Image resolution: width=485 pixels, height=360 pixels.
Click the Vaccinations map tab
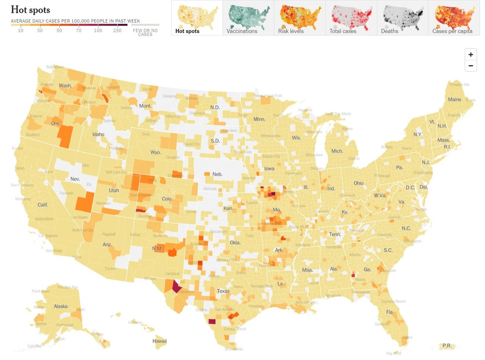pos(248,18)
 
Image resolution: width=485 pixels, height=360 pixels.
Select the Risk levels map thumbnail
pos(300,18)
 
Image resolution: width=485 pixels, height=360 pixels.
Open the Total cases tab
pos(351,18)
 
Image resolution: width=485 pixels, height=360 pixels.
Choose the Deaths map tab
pos(402,18)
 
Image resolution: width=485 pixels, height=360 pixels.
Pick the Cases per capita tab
pos(454,18)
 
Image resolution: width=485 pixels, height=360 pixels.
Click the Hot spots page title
pos(30,10)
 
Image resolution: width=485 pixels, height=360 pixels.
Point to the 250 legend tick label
pos(117,31)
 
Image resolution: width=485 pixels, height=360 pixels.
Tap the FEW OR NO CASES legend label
pos(145,33)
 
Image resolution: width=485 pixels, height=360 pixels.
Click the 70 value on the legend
pos(78,31)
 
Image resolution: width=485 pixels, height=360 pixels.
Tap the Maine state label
pos(454,100)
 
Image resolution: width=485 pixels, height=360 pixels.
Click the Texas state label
pos(223,291)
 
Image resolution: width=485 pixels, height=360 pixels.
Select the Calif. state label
pos(43,205)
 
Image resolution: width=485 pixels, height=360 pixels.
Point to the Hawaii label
pos(160,341)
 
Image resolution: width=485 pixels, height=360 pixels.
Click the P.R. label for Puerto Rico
pos(447,346)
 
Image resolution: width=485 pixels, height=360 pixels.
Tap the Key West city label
pos(394,353)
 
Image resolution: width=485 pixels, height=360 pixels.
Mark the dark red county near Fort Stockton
pos(177,286)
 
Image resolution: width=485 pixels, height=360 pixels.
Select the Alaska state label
pos(61,307)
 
